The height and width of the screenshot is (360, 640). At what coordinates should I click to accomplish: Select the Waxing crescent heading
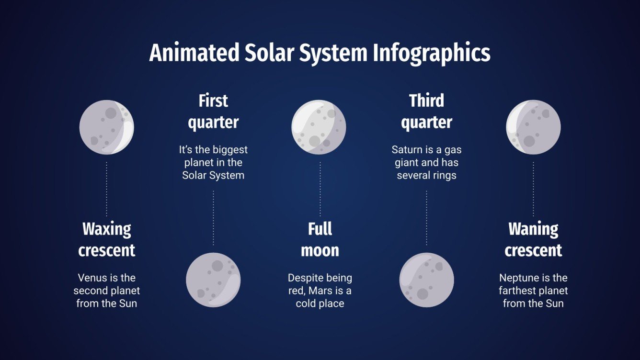107,239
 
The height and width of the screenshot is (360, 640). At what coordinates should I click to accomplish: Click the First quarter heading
213,111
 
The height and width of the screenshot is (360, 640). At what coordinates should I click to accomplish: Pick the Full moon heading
320,239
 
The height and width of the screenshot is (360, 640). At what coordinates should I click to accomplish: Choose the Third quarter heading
426,111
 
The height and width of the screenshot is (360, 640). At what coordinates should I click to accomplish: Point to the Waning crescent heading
533,239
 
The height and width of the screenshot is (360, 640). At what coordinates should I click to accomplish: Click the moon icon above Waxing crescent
106,127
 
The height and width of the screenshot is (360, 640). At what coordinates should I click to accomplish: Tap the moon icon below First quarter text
213,280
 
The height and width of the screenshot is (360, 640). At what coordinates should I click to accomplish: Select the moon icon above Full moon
319,127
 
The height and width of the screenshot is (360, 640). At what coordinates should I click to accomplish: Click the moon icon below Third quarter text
426,280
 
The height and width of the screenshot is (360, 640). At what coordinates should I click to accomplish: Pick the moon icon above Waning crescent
533,127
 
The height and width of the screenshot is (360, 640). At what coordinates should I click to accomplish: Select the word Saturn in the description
406,150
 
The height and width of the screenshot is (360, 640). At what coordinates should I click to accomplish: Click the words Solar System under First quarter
213,175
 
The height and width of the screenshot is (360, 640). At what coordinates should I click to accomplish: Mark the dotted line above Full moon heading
320,189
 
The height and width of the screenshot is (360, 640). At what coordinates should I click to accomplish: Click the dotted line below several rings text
426,218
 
